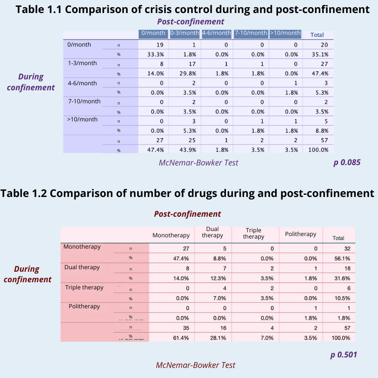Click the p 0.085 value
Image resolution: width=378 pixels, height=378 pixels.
[x=347, y=162]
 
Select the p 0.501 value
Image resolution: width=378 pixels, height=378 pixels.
[x=344, y=355]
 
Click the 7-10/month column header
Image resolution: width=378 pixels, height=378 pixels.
[x=251, y=33]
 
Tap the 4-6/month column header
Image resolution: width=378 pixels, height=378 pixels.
[x=216, y=33]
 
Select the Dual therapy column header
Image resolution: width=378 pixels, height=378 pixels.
[x=213, y=232]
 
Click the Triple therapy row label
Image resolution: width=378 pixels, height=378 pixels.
[x=84, y=288]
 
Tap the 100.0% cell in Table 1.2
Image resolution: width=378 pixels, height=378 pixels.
[x=340, y=338]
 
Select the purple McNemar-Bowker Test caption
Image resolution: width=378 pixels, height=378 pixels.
[x=199, y=163]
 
